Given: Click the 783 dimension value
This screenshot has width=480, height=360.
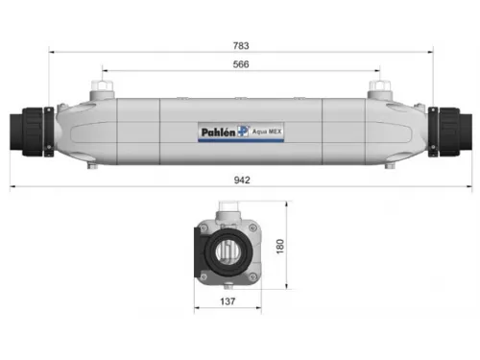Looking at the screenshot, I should pos(241,44).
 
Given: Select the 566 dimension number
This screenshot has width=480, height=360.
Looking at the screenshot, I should pos(241,63).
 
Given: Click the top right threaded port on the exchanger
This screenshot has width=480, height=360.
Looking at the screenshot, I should pos(378,91).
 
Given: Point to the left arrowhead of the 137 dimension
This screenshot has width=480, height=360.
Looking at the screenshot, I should pos(198,310).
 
